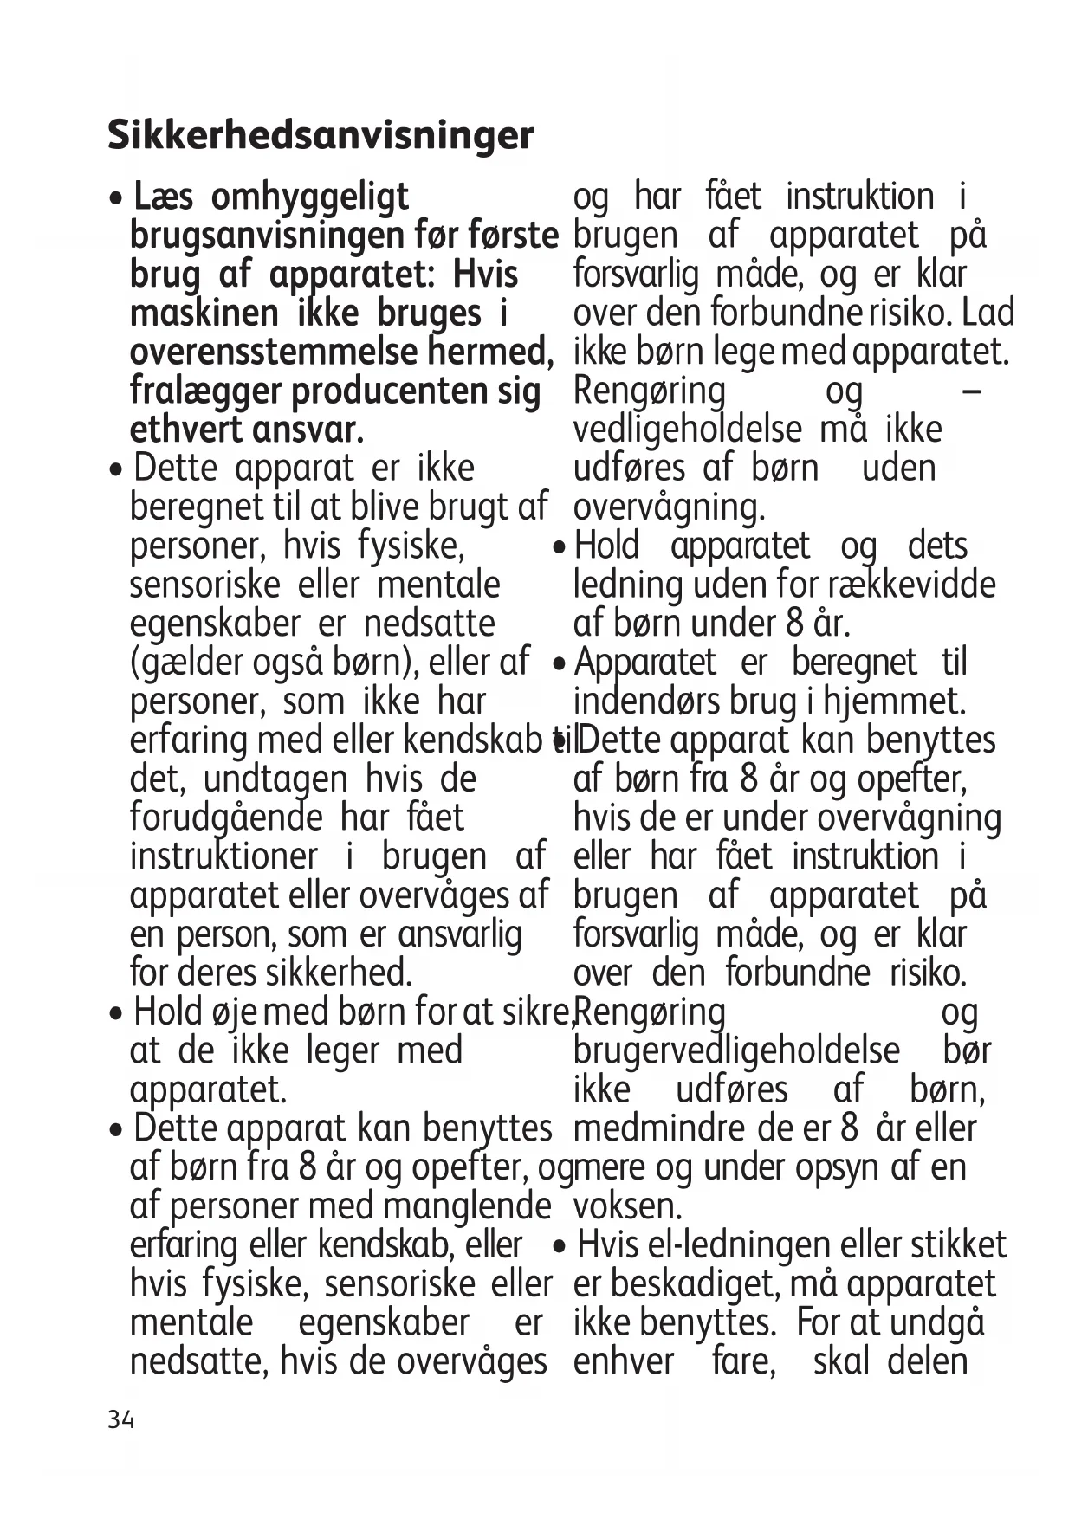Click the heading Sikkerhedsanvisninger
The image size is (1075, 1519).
point(321,135)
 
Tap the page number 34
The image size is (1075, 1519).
point(121,1419)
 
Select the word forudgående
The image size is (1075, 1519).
point(226,818)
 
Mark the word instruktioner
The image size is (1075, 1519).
point(223,856)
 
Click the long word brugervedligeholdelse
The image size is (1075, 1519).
point(736,1050)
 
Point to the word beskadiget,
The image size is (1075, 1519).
point(698,1284)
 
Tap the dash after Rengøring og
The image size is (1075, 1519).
point(972,392)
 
